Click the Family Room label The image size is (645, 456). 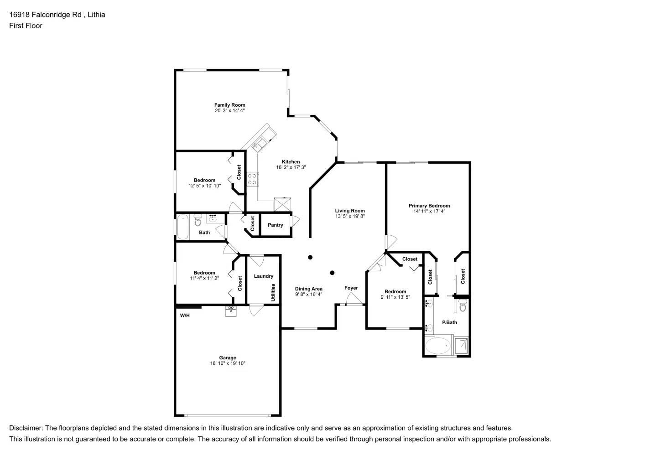[229, 105]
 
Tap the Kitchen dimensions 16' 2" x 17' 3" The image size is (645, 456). [291, 167]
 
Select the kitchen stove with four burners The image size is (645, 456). [252, 179]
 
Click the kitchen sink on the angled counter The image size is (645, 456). [258, 144]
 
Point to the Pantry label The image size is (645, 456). [275, 225]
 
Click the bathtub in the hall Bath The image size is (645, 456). [183, 227]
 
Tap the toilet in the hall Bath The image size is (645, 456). [198, 221]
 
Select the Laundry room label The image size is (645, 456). [263, 276]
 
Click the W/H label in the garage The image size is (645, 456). [184, 316]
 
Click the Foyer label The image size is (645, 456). [351, 288]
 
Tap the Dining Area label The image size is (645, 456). [308, 289]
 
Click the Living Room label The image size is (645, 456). [350, 211]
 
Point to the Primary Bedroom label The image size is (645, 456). [429, 206]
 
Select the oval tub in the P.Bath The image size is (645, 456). [437, 345]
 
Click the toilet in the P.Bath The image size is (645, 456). [463, 306]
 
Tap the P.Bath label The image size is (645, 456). [449, 322]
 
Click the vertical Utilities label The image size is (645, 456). [273, 292]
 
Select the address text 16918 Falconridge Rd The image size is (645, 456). [45, 15]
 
